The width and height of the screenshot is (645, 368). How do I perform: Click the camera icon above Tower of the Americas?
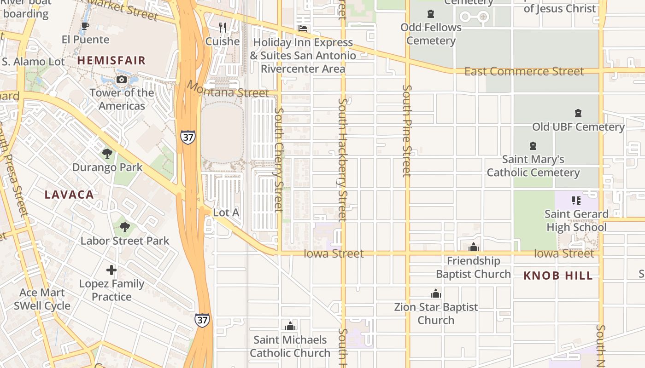coord(122,80)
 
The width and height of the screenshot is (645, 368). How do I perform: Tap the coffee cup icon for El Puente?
coord(85,26)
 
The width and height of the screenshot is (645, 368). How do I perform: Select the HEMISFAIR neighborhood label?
coord(111,60)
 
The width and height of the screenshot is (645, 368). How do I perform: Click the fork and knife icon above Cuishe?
coord(223,28)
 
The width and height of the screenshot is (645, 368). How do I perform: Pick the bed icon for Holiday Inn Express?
coord(303,29)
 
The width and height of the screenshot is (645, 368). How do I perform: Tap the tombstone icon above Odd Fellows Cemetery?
coord(431,14)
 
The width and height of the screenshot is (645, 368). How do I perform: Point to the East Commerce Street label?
coord(524,71)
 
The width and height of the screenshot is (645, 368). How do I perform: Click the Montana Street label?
coord(228,89)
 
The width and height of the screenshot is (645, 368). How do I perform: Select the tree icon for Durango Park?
coord(107,153)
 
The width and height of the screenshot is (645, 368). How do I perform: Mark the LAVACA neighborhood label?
coord(70,195)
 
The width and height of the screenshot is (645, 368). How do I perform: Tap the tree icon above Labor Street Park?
coord(124,227)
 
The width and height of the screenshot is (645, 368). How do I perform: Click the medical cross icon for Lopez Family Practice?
coord(111,270)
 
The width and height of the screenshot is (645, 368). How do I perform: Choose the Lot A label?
coord(226,213)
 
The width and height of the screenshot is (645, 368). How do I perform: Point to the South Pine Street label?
coord(406,131)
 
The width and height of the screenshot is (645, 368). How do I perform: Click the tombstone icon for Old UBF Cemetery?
coord(578,113)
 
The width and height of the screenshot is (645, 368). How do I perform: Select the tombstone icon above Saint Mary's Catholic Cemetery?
coord(533,146)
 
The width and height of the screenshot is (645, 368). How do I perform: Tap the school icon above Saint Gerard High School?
coord(576,200)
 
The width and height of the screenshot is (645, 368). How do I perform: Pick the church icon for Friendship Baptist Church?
coord(474,247)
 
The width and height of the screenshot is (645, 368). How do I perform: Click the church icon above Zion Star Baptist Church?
coord(436,293)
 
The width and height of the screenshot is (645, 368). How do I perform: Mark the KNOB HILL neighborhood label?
coord(558,276)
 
